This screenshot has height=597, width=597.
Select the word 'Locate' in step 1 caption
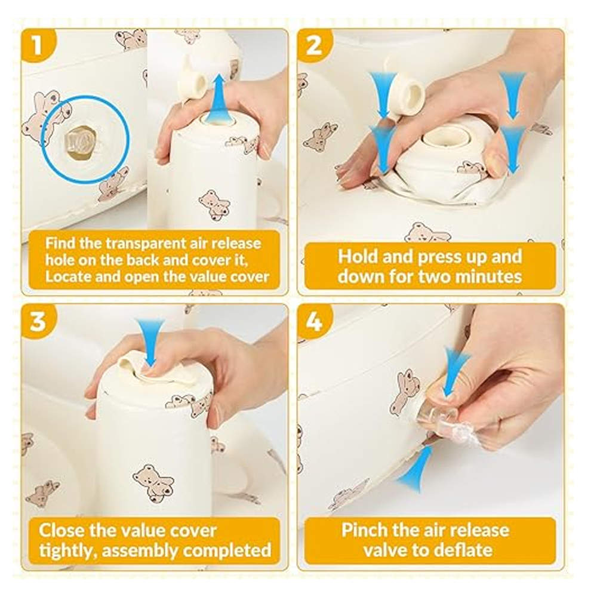click(x=68, y=276)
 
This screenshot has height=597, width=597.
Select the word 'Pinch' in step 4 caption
click(x=362, y=530)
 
